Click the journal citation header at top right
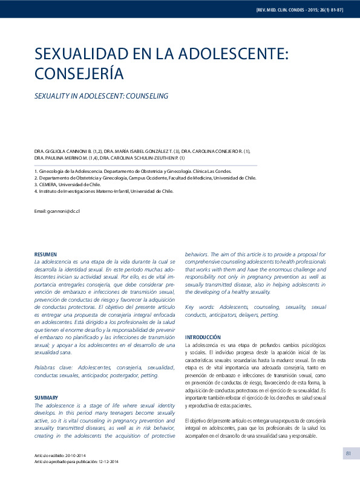(x=300, y=10)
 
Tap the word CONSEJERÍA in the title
(x=79, y=74)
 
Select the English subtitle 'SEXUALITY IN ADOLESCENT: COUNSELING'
(x=101, y=96)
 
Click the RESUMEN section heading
(x=46, y=254)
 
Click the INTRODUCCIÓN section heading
(x=203, y=337)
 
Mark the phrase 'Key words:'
(x=200, y=307)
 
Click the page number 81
(x=349, y=453)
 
